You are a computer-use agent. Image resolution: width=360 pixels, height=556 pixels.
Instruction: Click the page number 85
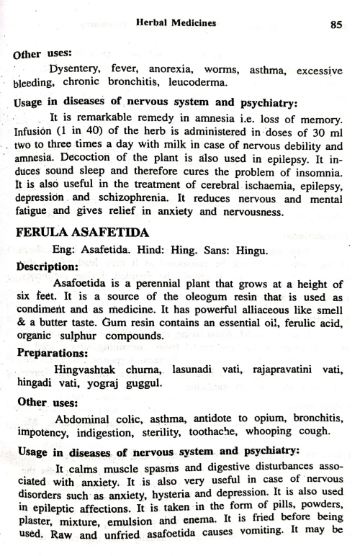[335, 23]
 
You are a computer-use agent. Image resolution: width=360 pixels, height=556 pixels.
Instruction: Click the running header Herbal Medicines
[176, 23]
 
